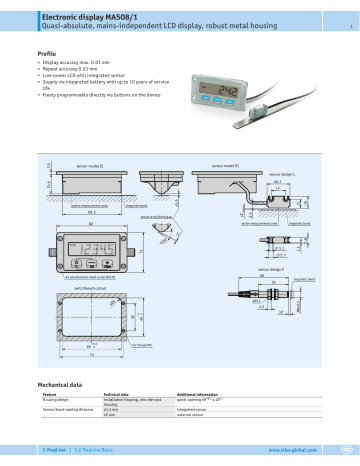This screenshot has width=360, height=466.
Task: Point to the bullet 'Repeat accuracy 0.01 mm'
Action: click(80, 67)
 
